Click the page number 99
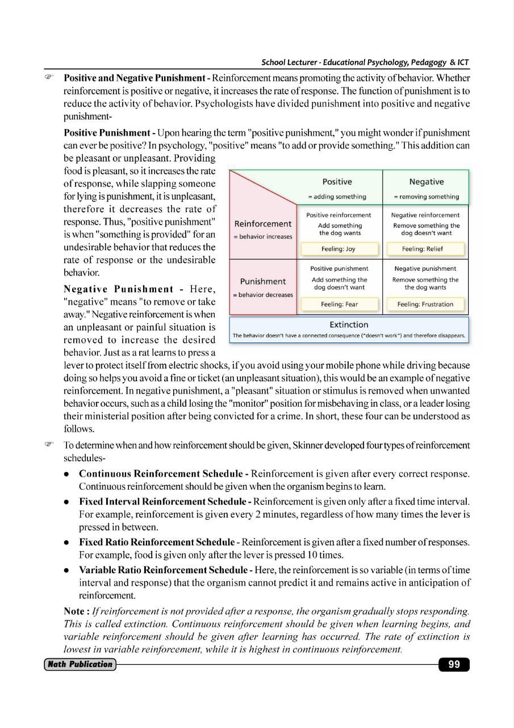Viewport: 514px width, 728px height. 454,664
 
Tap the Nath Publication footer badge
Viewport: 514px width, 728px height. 80,664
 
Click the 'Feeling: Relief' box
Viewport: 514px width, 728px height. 422,249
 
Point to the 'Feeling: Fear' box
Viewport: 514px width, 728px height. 339,304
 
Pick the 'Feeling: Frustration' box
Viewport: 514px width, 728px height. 425,304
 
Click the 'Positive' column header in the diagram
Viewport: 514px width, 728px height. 337,182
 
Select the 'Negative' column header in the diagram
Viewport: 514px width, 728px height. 426,182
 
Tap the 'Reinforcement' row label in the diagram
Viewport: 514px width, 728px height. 263,224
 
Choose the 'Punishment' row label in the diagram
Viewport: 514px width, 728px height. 263,282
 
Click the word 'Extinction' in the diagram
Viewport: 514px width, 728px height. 349,325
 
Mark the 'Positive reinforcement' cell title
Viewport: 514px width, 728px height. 339,215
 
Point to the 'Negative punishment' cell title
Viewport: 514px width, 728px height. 425,268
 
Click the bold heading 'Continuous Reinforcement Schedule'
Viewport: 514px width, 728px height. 161,474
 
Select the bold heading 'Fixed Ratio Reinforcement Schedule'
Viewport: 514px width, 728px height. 157,542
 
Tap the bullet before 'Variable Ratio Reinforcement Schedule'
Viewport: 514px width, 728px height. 66,570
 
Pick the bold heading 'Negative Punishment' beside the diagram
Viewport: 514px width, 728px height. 118,289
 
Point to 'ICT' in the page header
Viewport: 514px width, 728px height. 462,63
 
